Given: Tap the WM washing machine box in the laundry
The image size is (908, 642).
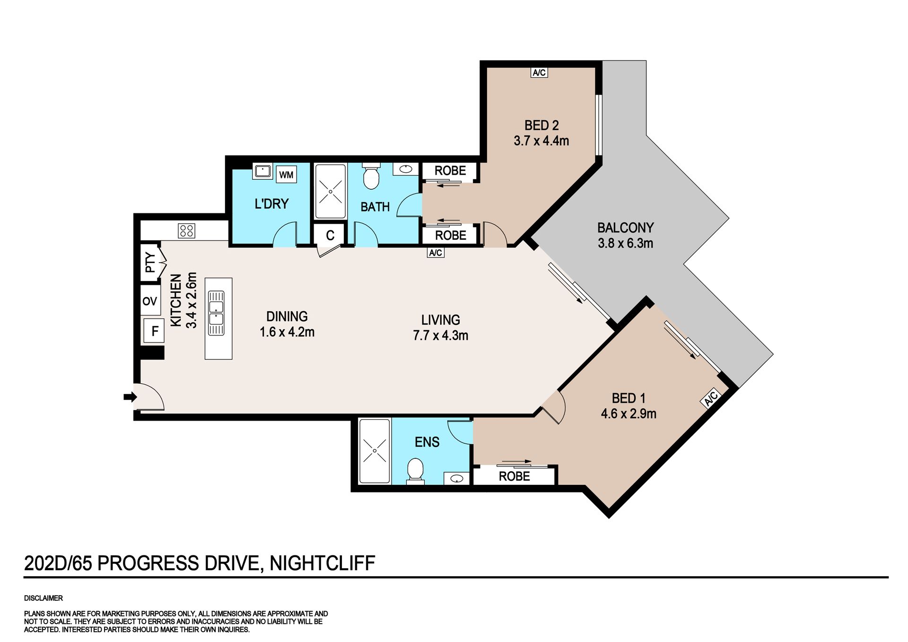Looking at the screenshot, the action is [x=286, y=175].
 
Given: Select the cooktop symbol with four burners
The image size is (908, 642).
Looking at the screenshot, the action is [x=186, y=230].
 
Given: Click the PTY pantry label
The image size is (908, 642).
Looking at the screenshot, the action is [x=150, y=263].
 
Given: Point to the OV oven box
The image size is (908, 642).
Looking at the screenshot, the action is [x=150, y=301].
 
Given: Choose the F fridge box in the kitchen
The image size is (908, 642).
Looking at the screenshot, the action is [x=155, y=331].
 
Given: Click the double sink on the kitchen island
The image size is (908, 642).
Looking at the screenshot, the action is [x=216, y=313].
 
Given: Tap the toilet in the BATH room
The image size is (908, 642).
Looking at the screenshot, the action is [x=371, y=176].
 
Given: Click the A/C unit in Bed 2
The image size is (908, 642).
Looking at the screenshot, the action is [x=539, y=72].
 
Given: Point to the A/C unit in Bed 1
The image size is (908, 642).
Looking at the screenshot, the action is [x=710, y=398].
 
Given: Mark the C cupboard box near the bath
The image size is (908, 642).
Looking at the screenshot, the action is [x=330, y=235].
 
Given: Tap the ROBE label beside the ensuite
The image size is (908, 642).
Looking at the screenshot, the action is [x=514, y=476].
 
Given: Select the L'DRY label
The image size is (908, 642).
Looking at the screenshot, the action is [x=271, y=204].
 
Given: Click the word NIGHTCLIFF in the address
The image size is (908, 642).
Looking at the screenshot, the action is [x=322, y=563].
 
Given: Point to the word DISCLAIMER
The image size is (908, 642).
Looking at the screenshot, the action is [x=44, y=598].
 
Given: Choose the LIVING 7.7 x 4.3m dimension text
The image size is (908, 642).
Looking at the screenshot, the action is [x=441, y=328].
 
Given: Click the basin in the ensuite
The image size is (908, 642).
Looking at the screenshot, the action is [x=456, y=478].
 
